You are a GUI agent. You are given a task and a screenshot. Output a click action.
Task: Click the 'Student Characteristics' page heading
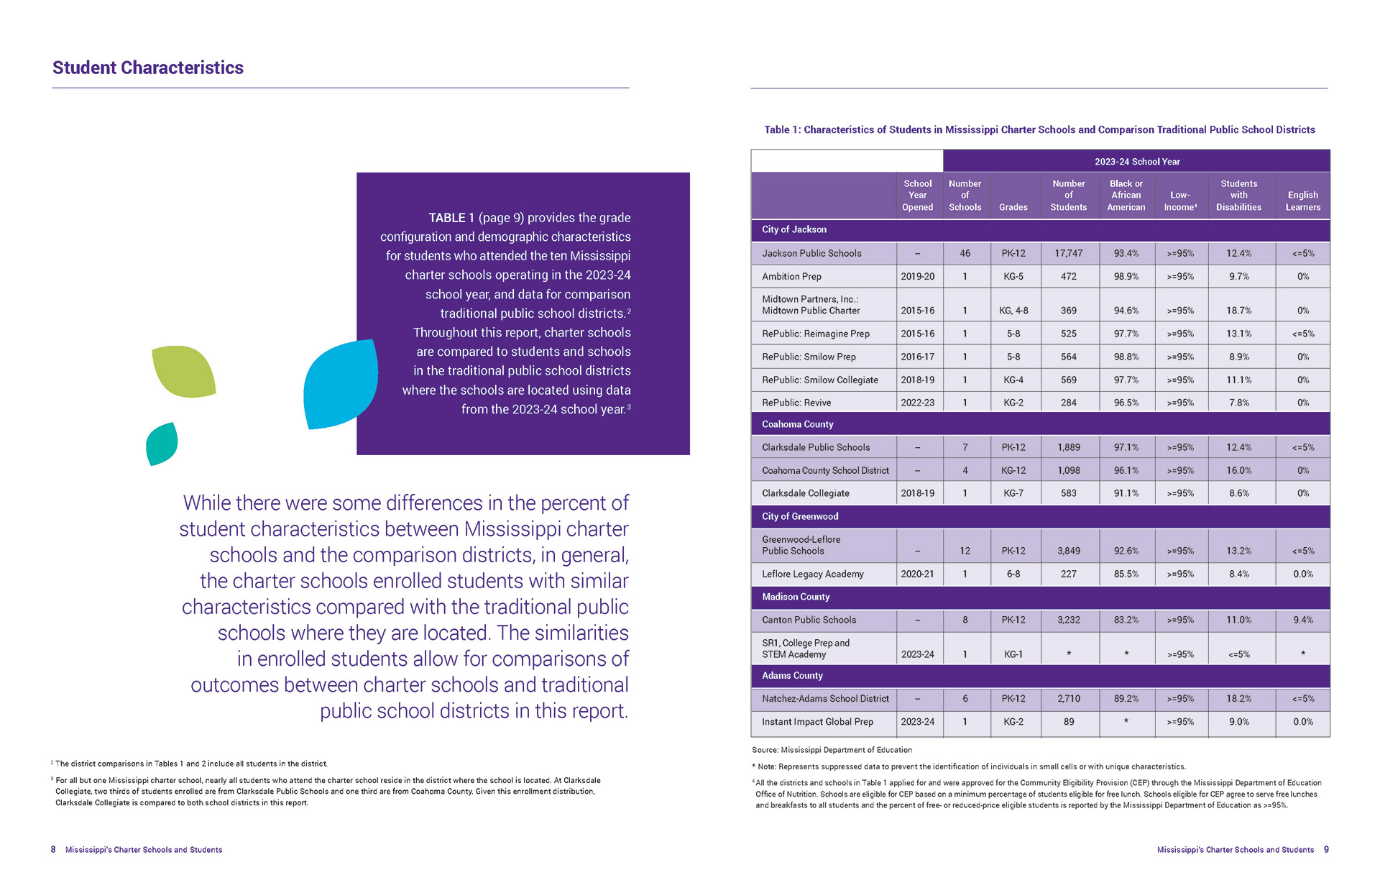[x=147, y=68]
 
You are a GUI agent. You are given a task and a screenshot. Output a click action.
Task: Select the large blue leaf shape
[x=340, y=384]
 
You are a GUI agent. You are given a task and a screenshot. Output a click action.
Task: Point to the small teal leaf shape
[x=162, y=444]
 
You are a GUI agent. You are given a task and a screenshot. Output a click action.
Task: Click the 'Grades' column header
[x=1013, y=207]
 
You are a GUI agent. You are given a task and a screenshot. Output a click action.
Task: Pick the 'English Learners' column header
[x=1302, y=201]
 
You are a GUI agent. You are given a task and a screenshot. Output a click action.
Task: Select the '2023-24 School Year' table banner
[x=1136, y=162]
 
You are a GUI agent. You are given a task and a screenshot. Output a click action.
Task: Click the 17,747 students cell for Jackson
[x=1068, y=253]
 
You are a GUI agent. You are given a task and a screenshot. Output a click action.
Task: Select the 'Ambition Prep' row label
[x=791, y=276]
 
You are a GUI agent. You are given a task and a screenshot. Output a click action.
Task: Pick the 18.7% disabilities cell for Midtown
[x=1238, y=311]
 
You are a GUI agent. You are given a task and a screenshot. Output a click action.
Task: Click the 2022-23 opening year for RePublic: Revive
[x=917, y=403]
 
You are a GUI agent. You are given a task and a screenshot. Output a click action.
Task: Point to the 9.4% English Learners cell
[x=1302, y=620]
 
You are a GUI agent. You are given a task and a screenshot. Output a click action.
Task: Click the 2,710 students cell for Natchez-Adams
[x=1068, y=698]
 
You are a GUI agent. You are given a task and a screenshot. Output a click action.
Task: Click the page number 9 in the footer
[x=1326, y=849]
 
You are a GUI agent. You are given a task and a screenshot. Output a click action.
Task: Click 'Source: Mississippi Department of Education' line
[x=832, y=750]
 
